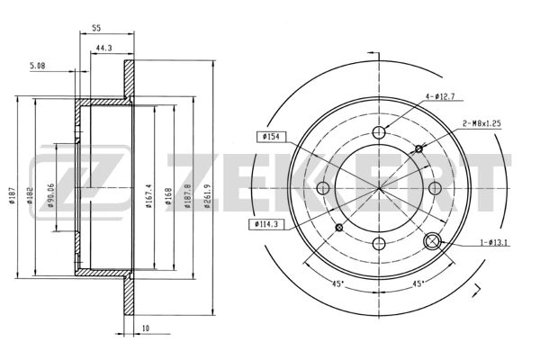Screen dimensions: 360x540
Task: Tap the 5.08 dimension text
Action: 38,66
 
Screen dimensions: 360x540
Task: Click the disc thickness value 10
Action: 145,328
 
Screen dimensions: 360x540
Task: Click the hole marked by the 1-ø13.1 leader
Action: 433,240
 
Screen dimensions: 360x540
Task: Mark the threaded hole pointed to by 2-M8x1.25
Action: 418,148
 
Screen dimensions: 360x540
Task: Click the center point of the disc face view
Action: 379,187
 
